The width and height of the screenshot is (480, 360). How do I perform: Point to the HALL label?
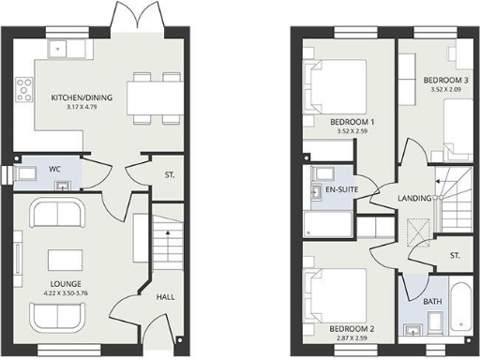[x=166, y=297]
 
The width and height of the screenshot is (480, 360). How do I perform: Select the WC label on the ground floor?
[x=54, y=169]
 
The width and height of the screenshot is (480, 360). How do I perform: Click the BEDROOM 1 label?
[x=352, y=123]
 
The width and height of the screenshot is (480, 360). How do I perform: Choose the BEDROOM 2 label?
[x=352, y=328]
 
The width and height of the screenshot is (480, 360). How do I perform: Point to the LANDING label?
[x=413, y=198]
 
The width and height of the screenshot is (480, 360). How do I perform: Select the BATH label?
[x=434, y=301]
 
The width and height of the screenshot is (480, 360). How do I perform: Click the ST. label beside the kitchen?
[x=170, y=175]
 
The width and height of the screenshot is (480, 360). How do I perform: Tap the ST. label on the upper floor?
[x=455, y=256]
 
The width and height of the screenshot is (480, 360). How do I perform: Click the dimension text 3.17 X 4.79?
[x=70, y=108]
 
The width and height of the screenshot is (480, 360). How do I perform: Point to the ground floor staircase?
[x=166, y=242]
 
